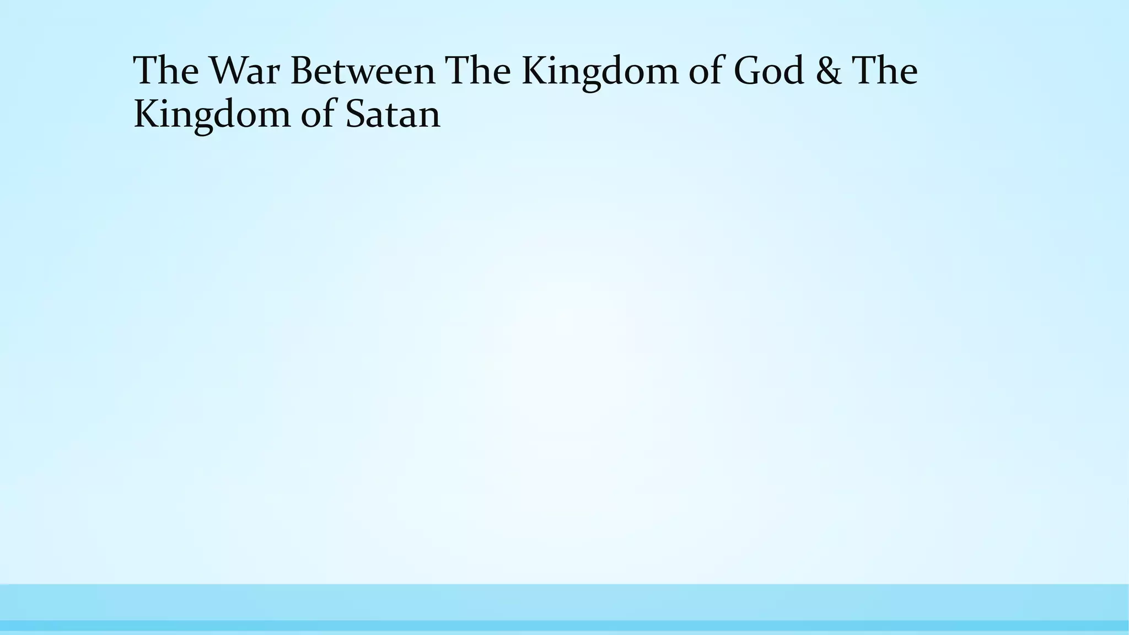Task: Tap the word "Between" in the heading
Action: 363,71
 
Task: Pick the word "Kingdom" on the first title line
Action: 600,72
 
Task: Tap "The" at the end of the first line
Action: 885,71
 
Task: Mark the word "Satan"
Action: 393,115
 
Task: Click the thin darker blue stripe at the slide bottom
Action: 564,626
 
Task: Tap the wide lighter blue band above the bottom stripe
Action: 564,602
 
